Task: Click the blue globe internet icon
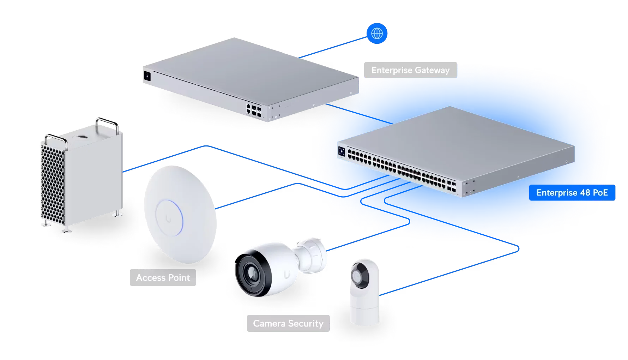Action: pyautogui.click(x=377, y=34)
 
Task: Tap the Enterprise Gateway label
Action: pyautogui.click(x=411, y=70)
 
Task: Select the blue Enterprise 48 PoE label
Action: pyautogui.click(x=572, y=193)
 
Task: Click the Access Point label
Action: pyautogui.click(x=163, y=278)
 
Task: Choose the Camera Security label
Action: pyautogui.click(x=288, y=323)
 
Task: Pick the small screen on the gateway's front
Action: pyautogui.click(x=147, y=76)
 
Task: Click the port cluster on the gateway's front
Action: pyautogui.click(x=254, y=110)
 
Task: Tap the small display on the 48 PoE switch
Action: pyautogui.click(x=342, y=151)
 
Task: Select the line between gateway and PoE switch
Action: pyautogui.click(x=359, y=114)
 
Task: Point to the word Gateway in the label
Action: pyautogui.click(x=432, y=70)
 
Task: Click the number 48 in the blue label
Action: pyautogui.click(x=585, y=193)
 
